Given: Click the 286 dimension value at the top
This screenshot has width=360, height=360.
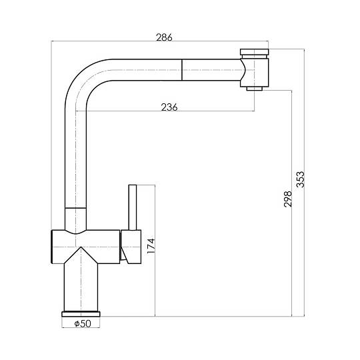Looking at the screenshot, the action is [x=164, y=37].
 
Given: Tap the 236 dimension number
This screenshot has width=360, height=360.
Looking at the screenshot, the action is [x=169, y=107].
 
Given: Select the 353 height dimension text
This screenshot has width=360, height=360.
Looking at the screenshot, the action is [x=300, y=179].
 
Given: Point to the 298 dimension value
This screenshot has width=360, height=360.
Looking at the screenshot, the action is [x=288, y=199].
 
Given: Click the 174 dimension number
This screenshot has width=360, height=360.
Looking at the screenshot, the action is [x=151, y=246].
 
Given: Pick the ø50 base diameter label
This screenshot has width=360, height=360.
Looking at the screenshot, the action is [x=83, y=324].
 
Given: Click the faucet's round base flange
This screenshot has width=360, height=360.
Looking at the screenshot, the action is [x=81, y=314].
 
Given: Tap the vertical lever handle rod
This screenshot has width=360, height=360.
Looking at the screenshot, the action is [x=133, y=207].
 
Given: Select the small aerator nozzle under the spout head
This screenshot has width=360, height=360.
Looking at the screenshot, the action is [x=255, y=89].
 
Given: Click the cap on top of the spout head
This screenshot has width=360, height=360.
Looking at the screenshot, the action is [x=255, y=52].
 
